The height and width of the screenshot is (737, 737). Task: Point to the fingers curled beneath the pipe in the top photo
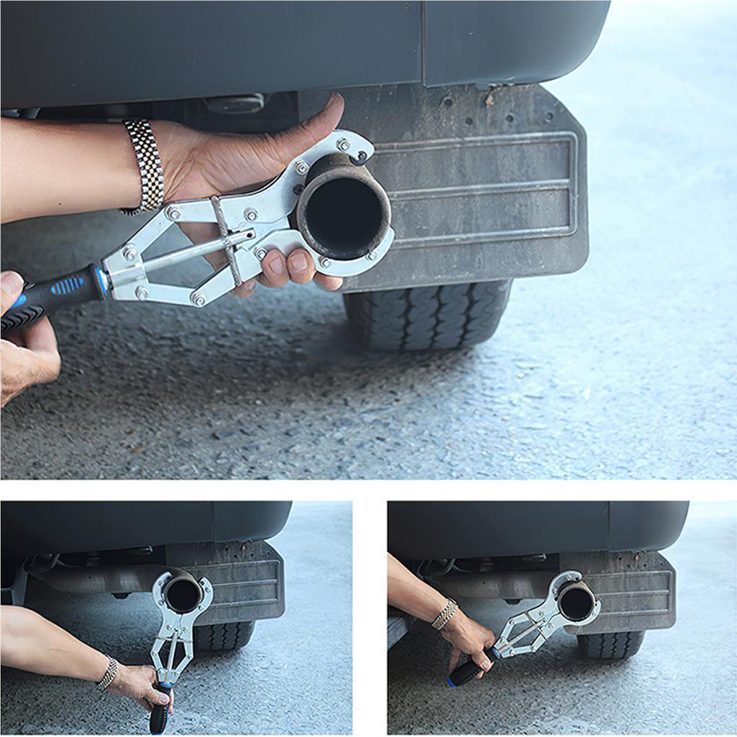coord(293,267)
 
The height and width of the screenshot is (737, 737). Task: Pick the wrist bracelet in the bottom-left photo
coord(108,673)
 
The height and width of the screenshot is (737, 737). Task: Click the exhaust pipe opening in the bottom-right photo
coord(577,602)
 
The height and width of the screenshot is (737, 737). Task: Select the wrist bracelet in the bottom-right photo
coord(444,614)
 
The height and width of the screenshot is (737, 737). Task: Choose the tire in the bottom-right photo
coord(611,644)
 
